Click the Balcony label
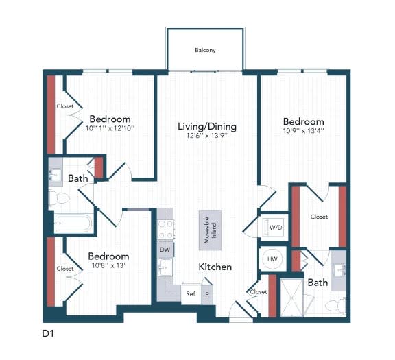(x=205, y=50)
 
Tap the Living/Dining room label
(x=206, y=126)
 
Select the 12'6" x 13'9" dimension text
(x=206, y=137)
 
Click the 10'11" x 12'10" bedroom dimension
(x=110, y=128)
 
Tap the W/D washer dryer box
(x=276, y=227)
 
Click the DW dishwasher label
(x=165, y=249)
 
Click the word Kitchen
(x=215, y=267)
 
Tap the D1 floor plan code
(x=48, y=335)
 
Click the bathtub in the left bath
(x=72, y=224)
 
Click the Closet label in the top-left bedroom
(x=65, y=106)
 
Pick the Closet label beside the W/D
(x=319, y=217)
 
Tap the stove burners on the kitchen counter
(x=165, y=227)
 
